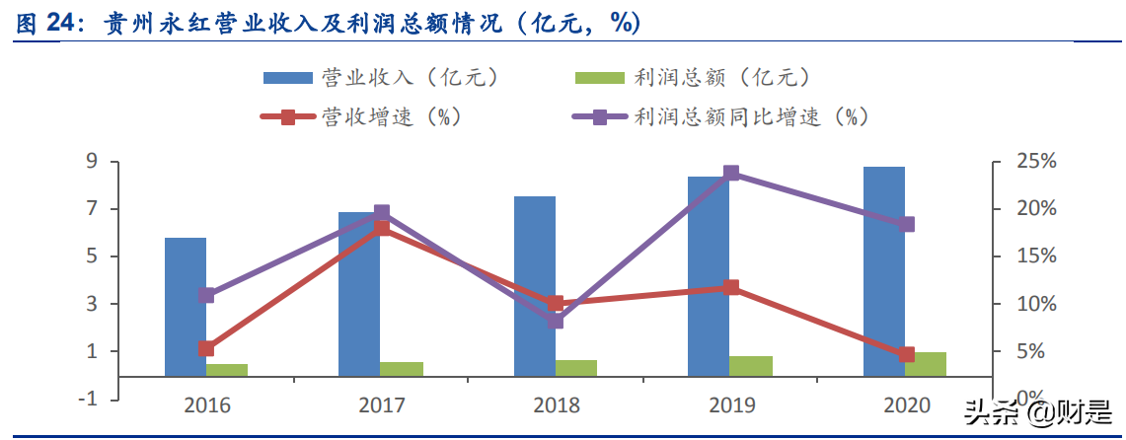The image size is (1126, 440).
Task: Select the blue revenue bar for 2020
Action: coord(884,271)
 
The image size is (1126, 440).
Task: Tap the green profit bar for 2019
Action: coord(752,366)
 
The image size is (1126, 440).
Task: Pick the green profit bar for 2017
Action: coord(402,369)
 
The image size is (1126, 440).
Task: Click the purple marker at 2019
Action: coord(731,174)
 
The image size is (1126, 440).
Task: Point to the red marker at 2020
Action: coord(907,354)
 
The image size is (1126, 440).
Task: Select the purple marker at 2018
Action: coord(556,321)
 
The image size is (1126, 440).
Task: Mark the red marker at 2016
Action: coord(206,348)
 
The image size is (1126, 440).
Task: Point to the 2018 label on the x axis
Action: coord(556,404)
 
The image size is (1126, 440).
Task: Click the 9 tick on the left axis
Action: coord(90,161)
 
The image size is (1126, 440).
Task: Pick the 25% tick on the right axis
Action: coord(1035,161)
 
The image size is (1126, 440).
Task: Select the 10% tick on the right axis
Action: coord(1035,304)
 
